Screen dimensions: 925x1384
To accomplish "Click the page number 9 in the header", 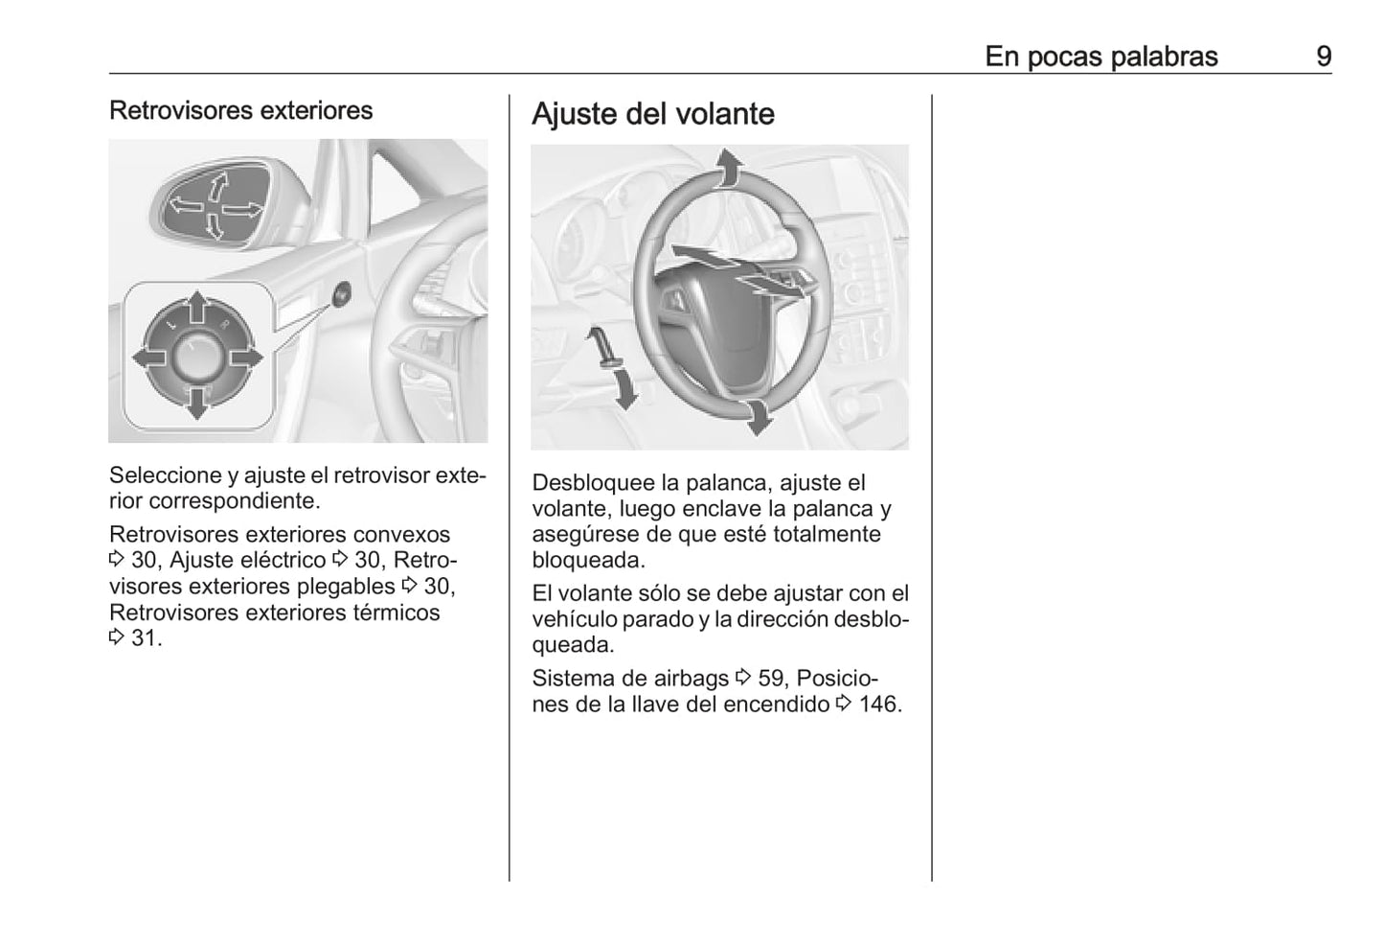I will point(1323,57).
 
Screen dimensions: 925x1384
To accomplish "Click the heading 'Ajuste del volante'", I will point(652,114).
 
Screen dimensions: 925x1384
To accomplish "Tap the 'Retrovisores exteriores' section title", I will point(240,110).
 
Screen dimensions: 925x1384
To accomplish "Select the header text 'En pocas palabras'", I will point(1100,57).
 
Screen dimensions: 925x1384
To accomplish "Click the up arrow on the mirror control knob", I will point(196,310).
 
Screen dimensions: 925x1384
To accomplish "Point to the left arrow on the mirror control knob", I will point(148,358).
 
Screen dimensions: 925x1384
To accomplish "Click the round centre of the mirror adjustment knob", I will point(196,357).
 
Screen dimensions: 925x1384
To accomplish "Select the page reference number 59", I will point(770,679).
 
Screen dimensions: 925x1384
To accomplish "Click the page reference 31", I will point(144,638).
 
